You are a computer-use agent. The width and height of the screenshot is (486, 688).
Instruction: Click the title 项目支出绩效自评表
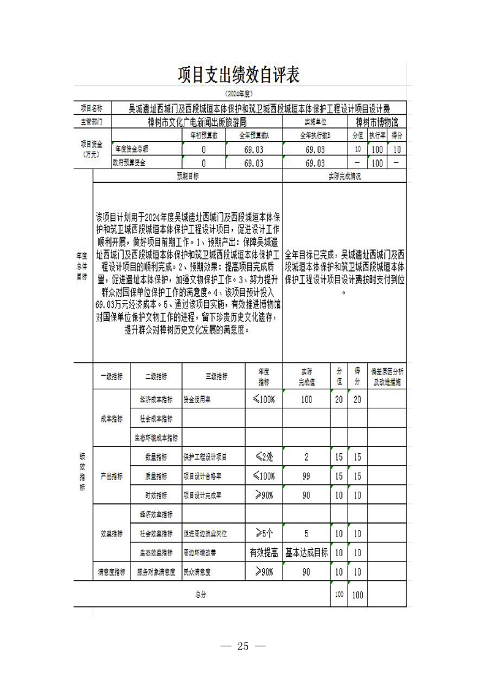pos(238,75)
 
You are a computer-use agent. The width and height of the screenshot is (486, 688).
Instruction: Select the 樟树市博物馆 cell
pos(377,122)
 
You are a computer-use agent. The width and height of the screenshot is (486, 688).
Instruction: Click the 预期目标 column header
pos(188,176)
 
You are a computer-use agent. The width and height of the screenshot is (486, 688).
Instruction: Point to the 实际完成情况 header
pos(344,176)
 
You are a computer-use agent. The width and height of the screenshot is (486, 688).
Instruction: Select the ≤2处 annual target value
pos(264,457)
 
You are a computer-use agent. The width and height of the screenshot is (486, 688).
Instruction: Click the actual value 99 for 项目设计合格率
pos(306,476)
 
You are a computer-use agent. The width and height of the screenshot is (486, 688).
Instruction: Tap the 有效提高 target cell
pos(264,552)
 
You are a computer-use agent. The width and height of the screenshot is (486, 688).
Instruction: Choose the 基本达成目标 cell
pos(306,552)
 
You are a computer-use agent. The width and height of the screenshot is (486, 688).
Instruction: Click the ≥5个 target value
pos(264,533)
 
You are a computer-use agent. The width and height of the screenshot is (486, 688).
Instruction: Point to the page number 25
pos(243,646)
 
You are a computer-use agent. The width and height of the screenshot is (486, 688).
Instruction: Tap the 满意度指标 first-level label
pos(112,571)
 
